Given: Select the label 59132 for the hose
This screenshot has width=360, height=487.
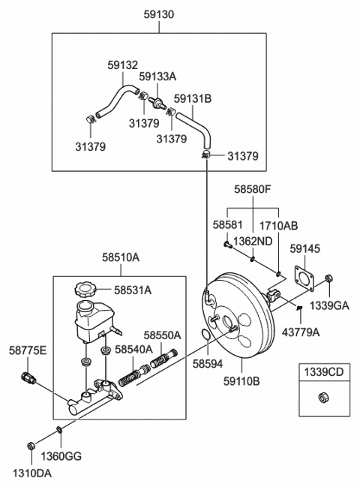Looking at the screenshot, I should coord(121,65).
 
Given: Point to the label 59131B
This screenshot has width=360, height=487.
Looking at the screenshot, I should coord(192,98).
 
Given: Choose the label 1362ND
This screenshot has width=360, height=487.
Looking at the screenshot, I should coord(250,241).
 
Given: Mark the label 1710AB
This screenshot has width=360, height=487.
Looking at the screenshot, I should coord(279,224).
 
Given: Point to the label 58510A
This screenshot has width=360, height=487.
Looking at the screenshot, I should coord(121,257).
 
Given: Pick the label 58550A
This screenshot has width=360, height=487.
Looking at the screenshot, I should coord(162,335).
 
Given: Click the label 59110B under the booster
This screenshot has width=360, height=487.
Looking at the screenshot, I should coord(241,380).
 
